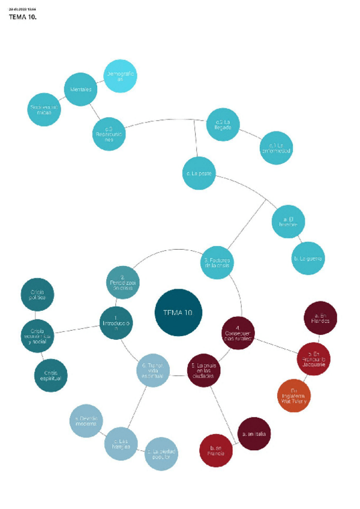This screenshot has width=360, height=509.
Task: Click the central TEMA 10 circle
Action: pos(178,312)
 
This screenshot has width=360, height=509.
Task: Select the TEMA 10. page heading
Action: pos(23,17)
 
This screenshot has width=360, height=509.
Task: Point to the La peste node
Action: pos(198,173)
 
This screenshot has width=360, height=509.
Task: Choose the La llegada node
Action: pos(223,125)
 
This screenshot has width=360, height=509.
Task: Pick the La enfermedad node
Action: pos(276,148)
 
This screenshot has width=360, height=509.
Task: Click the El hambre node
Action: pos(289,222)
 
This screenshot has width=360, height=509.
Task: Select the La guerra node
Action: pos(308,258)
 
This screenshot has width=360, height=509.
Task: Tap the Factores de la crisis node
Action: pos(217,262)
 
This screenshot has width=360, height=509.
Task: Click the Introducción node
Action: pos(116,323)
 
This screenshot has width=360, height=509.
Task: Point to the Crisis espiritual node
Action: pos(51,376)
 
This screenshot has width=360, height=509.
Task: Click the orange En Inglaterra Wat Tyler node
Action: pos(294,396)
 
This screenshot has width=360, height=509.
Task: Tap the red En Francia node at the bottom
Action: pos(217,450)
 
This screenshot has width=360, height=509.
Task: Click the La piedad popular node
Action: pos(161,454)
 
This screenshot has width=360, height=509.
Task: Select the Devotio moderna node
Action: pos(86,420)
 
